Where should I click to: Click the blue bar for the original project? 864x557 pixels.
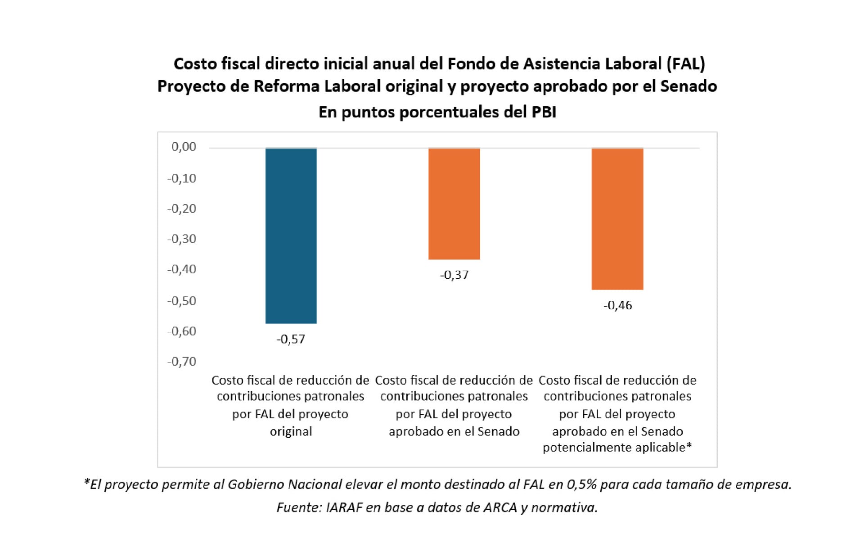click(291, 235)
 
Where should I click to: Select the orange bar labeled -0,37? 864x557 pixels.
click(454, 204)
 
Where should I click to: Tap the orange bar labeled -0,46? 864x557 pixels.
click(617, 219)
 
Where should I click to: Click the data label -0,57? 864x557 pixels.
click(291, 339)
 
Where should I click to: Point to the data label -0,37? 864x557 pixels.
click(454, 275)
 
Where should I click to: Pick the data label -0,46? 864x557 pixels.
click(617, 305)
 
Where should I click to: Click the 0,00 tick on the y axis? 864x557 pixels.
click(184, 147)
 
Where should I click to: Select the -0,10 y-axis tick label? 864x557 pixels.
click(182, 178)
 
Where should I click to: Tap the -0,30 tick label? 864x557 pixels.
click(182, 239)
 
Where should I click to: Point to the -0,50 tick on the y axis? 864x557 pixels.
click(182, 301)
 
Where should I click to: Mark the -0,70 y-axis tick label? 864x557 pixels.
click(182, 361)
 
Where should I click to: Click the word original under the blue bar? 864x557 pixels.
click(291, 431)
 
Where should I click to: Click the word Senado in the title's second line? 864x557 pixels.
click(688, 86)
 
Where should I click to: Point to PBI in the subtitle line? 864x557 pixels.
click(544, 112)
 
